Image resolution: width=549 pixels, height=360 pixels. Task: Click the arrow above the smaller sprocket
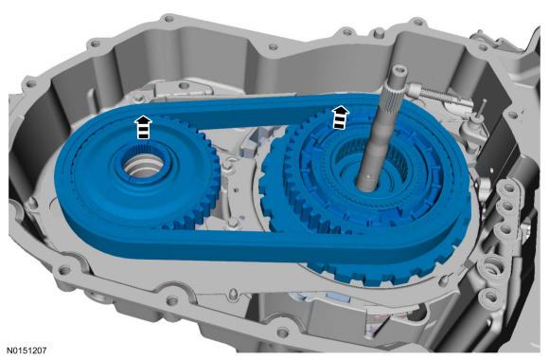[x=143, y=127]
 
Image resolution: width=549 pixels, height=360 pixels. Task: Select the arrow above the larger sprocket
[x=341, y=117]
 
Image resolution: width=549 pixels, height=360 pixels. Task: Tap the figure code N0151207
[x=27, y=351]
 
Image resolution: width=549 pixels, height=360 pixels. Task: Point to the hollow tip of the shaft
[x=398, y=72]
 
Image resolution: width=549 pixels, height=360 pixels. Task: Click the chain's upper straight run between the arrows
[x=241, y=111]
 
